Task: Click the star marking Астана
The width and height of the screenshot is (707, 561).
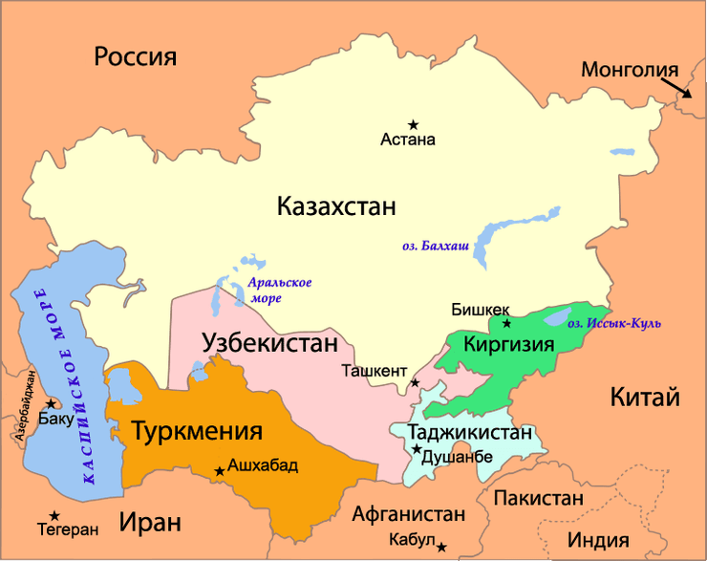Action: coord(414,124)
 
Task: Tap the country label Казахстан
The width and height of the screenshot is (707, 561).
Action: coord(336,205)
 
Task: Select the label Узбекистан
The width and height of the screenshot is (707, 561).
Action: coord(269,343)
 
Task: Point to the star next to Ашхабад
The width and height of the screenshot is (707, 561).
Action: coord(220,470)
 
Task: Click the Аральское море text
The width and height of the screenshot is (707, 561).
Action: coord(279,291)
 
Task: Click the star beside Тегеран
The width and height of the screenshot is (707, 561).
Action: coord(55,516)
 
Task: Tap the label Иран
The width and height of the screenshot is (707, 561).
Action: coord(150,522)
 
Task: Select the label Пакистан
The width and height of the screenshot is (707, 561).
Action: coord(538,498)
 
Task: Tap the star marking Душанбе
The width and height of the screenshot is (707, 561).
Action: coord(417,448)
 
